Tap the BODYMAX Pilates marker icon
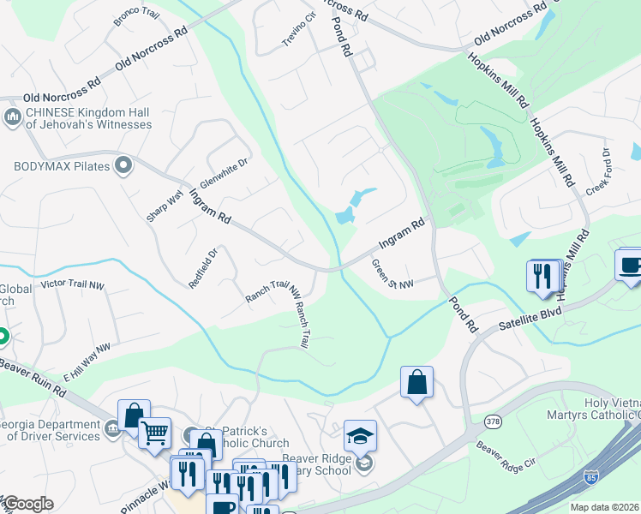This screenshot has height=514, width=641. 123,164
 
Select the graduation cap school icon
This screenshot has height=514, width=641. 361,434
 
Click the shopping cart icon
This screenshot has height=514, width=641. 154,432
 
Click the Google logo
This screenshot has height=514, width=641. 27,504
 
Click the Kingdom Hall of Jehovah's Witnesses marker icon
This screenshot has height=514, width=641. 13,117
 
